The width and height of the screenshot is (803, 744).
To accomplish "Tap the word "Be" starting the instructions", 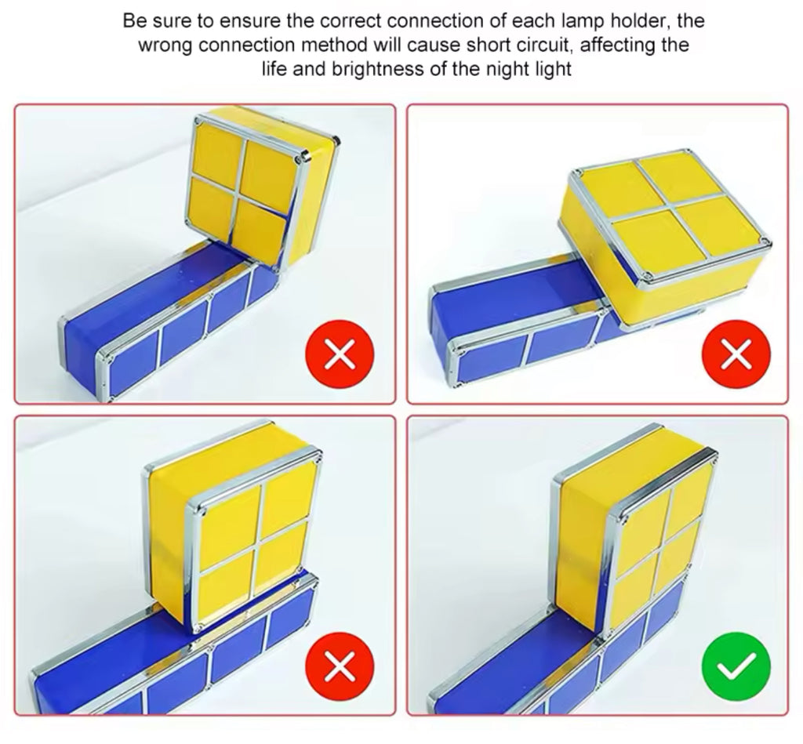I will click(x=133, y=20).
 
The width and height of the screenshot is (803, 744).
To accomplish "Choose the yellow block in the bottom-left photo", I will click(x=235, y=541).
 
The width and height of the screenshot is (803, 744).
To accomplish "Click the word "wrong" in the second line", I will click(x=165, y=45).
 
